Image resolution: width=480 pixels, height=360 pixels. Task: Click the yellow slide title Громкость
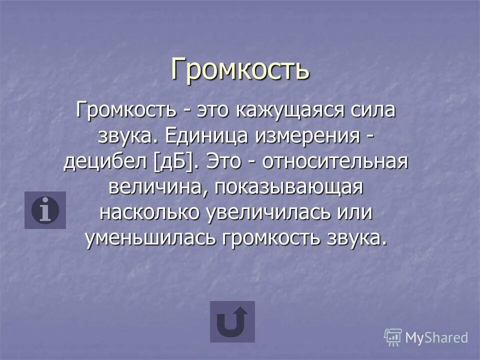click(x=240, y=69)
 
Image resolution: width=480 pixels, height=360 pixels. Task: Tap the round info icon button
click(x=45, y=210)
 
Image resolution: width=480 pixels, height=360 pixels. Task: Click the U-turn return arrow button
click(x=232, y=321)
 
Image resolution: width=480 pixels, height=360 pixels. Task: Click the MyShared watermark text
click(x=436, y=337)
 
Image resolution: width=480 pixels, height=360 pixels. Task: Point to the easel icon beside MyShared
click(x=393, y=337)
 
